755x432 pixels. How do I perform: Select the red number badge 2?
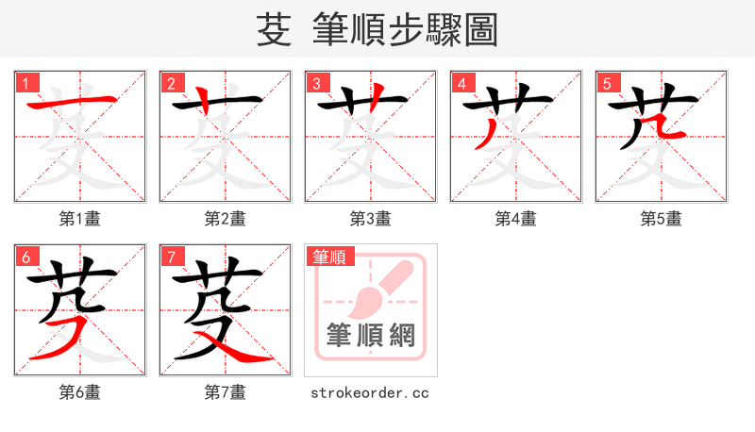click(171, 83)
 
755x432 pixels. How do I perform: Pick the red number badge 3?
click(316, 83)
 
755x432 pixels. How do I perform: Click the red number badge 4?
click(461, 83)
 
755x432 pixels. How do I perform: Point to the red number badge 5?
click(607, 83)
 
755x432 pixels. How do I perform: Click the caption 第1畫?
click(80, 219)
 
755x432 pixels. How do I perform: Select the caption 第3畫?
click(371, 219)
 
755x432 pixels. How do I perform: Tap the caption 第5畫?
click(662, 219)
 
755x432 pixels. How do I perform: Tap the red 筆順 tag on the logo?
click(327, 256)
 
